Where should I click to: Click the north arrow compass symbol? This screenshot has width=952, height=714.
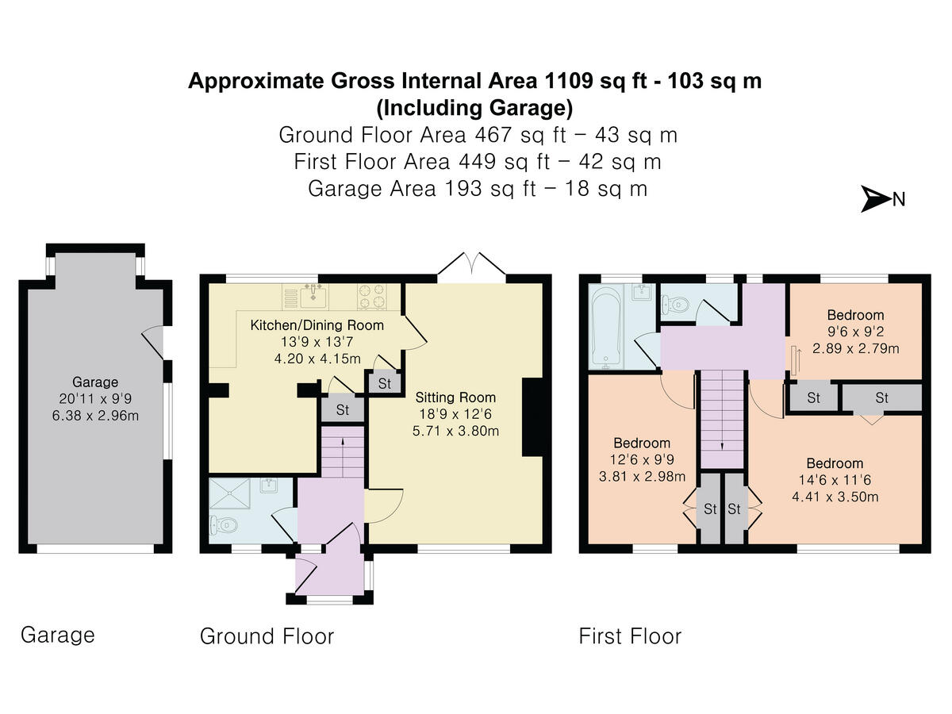(x=877, y=199)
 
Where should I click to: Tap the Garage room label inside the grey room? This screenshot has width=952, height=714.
(x=95, y=382)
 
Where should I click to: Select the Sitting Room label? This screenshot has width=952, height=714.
(x=455, y=397)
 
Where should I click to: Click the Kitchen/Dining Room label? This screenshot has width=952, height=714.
(x=317, y=325)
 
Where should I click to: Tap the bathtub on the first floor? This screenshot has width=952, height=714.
(x=608, y=326)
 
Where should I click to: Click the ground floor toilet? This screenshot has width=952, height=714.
(x=225, y=524)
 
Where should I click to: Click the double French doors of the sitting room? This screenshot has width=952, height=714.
(x=471, y=267)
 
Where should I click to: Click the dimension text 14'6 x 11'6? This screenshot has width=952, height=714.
(x=835, y=481)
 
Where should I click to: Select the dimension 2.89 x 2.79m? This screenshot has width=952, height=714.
(x=854, y=348)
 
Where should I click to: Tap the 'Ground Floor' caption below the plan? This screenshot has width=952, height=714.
(x=267, y=636)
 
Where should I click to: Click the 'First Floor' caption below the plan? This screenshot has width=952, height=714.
(x=630, y=636)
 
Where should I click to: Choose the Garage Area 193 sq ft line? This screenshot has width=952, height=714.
(x=477, y=189)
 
